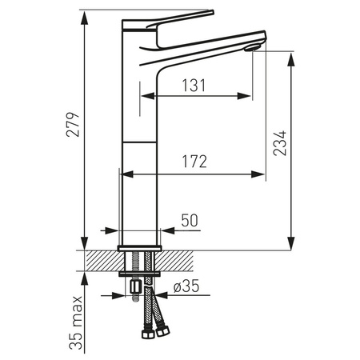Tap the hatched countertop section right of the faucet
[182, 260]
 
